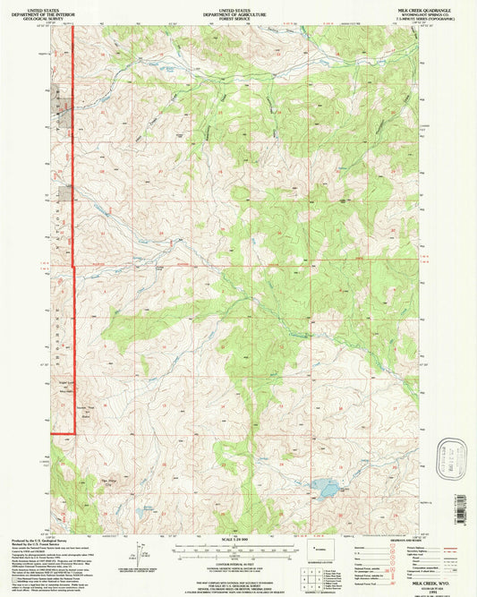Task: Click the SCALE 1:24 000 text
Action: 238,537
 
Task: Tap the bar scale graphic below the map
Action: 238,545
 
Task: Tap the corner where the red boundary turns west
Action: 72,433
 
